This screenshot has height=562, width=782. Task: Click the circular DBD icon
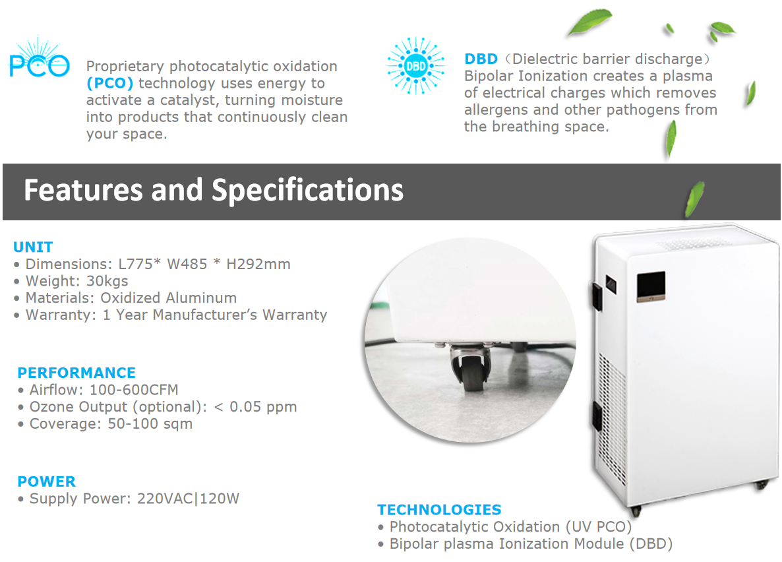click(x=415, y=66)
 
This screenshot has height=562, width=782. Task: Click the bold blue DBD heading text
click(x=481, y=59)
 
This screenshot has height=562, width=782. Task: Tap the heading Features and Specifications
click(x=214, y=190)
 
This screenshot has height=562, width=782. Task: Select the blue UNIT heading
click(x=33, y=247)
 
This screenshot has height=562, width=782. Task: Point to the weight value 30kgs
click(x=107, y=281)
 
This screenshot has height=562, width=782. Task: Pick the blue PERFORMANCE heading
click(x=76, y=373)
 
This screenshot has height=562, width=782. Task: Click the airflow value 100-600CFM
click(x=134, y=390)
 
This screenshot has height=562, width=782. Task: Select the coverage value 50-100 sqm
click(x=150, y=423)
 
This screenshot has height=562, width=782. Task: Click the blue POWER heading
click(x=47, y=482)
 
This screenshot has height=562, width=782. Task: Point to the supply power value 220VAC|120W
click(x=188, y=499)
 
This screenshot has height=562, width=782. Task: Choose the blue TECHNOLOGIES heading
click(x=439, y=510)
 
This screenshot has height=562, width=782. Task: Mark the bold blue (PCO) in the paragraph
click(x=110, y=83)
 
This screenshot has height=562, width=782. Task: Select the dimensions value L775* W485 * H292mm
click(x=204, y=265)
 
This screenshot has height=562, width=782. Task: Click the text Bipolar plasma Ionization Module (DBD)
click(x=531, y=544)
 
